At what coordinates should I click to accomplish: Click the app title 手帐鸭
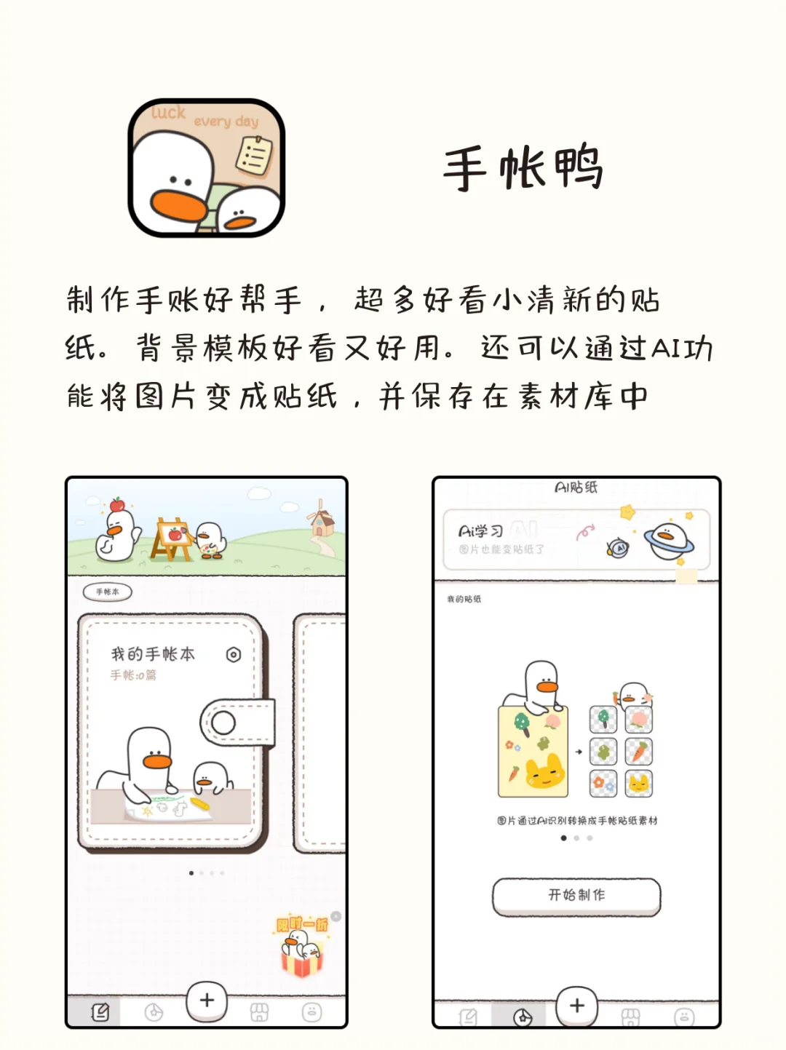pyautogui.click(x=523, y=167)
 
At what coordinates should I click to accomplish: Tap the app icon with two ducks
pyautogui.click(x=206, y=167)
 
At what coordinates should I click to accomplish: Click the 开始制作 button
pyautogui.click(x=576, y=896)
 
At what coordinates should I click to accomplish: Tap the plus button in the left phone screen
pyautogui.click(x=207, y=1001)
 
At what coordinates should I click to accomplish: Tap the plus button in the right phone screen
pyautogui.click(x=576, y=1006)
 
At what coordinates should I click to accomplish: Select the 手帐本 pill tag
pyautogui.click(x=108, y=592)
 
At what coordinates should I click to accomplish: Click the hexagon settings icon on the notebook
pyautogui.click(x=233, y=655)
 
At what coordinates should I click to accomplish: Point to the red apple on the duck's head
pyautogui.click(x=117, y=504)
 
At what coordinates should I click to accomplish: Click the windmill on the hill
pyautogui.click(x=320, y=518)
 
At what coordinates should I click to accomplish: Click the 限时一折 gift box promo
pyautogui.click(x=302, y=946)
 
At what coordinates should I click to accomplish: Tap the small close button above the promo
pyautogui.click(x=336, y=916)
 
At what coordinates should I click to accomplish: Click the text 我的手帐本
pyautogui.click(x=153, y=654)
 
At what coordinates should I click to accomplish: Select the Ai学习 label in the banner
pyautogui.click(x=480, y=532)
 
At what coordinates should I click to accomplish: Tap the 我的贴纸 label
pyautogui.click(x=464, y=599)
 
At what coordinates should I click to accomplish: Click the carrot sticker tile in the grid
pyautogui.click(x=638, y=751)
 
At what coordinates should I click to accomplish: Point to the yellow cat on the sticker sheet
pyautogui.click(x=546, y=772)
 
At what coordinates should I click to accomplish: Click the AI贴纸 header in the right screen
pyautogui.click(x=576, y=487)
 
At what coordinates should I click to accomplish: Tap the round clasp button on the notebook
pyautogui.click(x=223, y=723)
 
